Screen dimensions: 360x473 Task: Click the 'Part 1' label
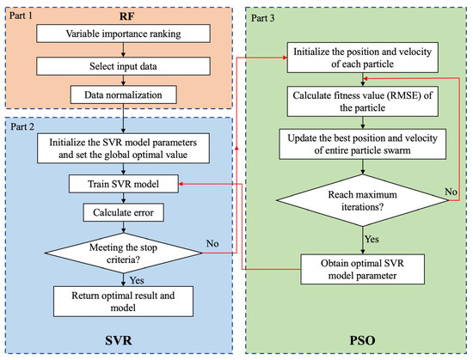(x=22, y=14)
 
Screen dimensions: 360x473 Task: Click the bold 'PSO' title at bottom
(x=353, y=339)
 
